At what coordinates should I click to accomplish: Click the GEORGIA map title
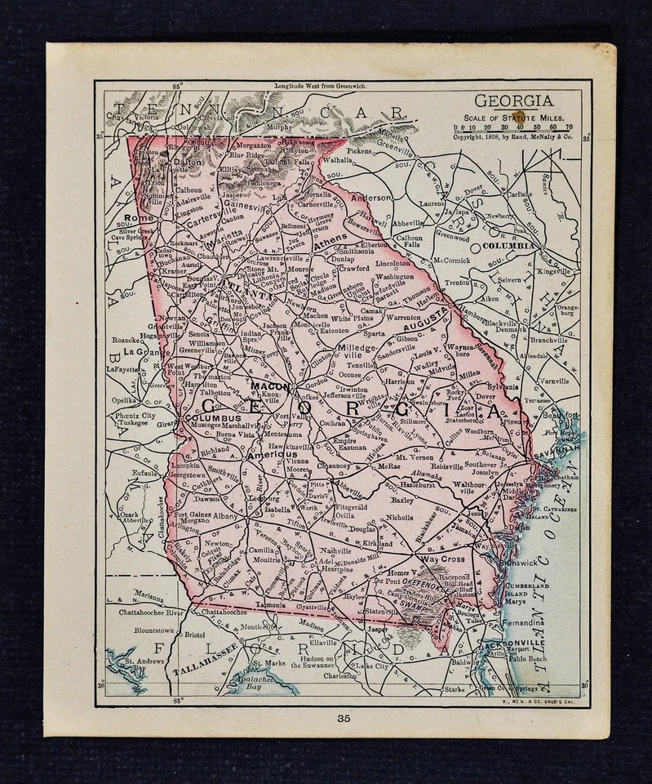(x=513, y=100)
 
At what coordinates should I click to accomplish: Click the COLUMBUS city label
(x=213, y=418)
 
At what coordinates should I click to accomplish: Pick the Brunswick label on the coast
(x=519, y=563)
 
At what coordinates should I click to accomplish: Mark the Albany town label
(x=226, y=516)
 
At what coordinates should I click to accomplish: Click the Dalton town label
(x=187, y=163)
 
